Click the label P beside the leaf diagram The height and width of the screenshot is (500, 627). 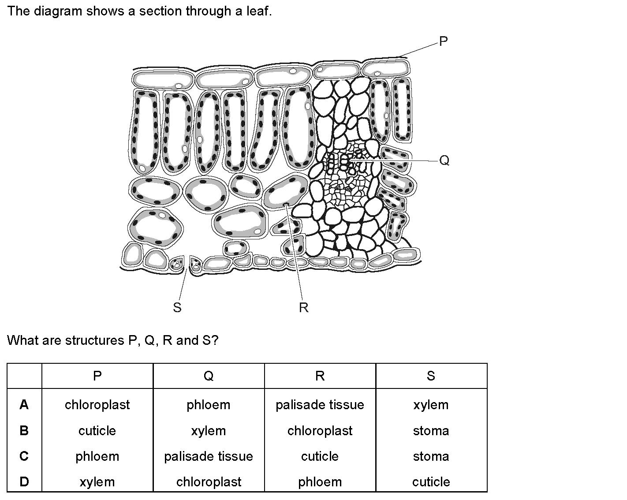443,41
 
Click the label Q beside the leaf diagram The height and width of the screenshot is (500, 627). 444,160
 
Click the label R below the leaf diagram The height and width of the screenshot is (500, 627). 304,307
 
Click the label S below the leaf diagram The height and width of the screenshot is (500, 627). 177,307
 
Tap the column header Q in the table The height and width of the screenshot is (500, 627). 209,376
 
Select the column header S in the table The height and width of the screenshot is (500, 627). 431,376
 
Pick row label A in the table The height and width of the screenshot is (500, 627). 24,404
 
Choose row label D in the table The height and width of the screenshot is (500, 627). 24,481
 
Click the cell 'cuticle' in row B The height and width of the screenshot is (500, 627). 97,431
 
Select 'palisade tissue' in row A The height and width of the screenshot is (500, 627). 320,405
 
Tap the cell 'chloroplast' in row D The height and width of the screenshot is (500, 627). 209,482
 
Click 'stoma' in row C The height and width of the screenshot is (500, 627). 431,457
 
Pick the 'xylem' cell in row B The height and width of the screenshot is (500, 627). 209,431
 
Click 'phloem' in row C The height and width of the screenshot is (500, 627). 97,457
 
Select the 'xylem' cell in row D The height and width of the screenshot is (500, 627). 97,482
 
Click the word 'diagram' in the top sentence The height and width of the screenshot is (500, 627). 58,11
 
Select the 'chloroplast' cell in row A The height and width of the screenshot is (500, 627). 97,405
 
